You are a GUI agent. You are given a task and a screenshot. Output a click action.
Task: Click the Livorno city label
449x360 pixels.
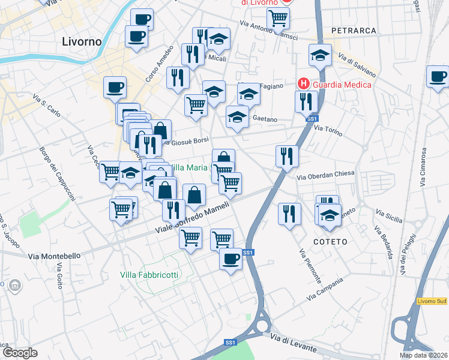pyautogui.click(x=82, y=42)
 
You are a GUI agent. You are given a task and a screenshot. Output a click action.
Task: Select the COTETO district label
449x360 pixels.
pyautogui.click(x=330, y=241)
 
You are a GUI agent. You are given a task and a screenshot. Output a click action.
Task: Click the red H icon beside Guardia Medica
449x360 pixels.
pyautogui.click(x=304, y=84)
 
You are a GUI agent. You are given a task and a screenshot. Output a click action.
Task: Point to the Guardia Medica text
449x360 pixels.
pyautogui.click(x=341, y=85)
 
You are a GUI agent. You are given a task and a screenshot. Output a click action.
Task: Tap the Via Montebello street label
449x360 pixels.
pyautogui.click(x=54, y=256)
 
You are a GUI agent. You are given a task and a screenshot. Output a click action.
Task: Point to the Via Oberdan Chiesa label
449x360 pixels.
pyautogui.click(x=326, y=175)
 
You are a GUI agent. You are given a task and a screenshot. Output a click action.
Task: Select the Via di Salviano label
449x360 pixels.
pyautogui.click(x=357, y=67)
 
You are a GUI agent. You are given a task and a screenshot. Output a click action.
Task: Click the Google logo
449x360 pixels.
pyautogui.click(x=20, y=353)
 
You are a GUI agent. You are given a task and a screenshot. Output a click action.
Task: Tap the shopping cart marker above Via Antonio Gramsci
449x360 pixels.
pyautogui.click(x=278, y=17)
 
